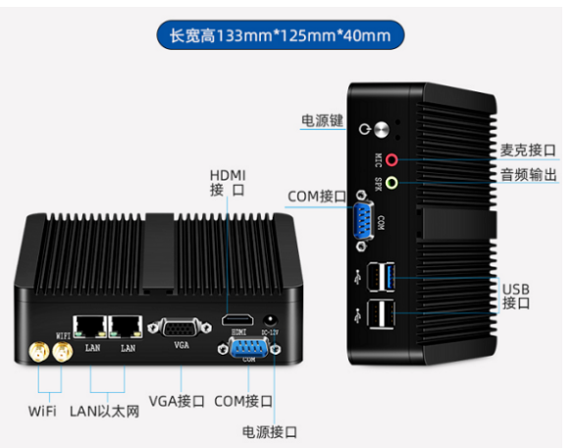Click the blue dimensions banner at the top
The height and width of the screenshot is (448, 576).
click(x=281, y=35)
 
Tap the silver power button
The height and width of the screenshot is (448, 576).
click(x=382, y=130)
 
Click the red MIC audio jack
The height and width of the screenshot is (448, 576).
click(x=392, y=160)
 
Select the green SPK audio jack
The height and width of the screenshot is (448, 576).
click(x=392, y=183)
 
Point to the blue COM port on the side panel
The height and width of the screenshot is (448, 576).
click(x=362, y=220)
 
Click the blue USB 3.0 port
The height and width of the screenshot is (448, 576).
click(x=390, y=277)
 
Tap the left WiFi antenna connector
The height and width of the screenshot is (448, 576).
click(x=39, y=352)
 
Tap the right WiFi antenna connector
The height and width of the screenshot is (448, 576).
click(x=63, y=352)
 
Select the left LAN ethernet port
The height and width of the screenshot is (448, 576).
click(x=90, y=326)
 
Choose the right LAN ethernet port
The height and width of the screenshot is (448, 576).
click(x=126, y=326)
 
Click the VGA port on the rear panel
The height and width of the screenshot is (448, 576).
click(x=180, y=328)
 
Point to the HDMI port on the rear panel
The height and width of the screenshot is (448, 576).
click(x=237, y=320)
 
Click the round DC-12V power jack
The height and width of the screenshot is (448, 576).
click(x=271, y=320)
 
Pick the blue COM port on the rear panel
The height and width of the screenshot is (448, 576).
click(x=249, y=348)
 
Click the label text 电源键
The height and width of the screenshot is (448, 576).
click(x=322, y=120)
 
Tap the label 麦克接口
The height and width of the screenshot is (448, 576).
click(x=528, y=150)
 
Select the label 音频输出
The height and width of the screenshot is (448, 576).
click(x=528, y=174)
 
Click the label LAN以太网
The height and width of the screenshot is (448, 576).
click(x=105, y=412)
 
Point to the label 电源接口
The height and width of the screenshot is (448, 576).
click(x=269, y=432)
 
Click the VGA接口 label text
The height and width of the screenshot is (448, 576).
click(x=177, y=401)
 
